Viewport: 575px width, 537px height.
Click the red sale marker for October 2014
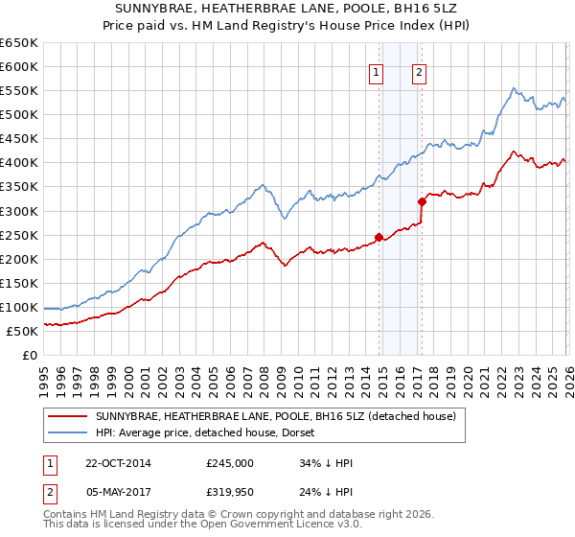(x=379, y=237)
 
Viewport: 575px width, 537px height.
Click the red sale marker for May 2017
(x=422, y=201)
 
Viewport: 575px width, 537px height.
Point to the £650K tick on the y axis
(x=19, y=43)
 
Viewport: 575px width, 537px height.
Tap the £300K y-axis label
(x=19, y=211)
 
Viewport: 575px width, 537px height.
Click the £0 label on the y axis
(x=31, y=355)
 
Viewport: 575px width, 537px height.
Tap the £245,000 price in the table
(x=230, y=463)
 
